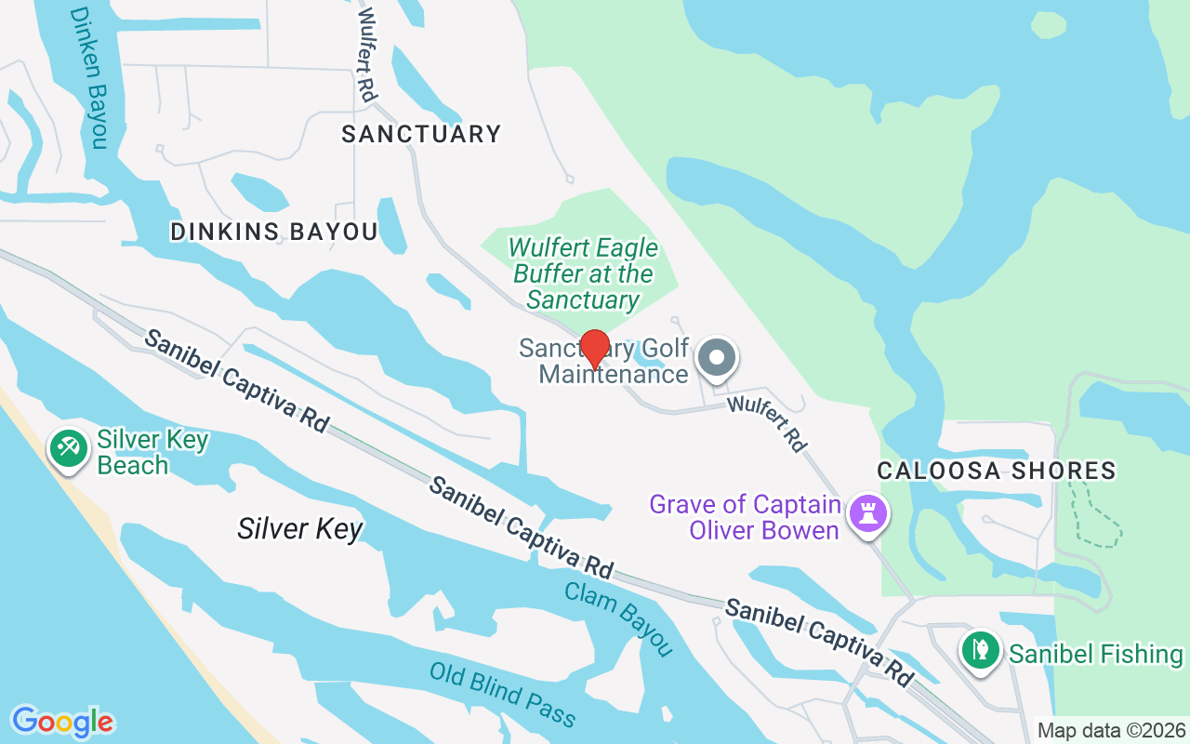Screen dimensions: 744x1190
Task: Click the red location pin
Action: pyautogui.click(x=594, y=349)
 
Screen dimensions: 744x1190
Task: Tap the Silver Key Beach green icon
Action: pyautogui.click(x=67, y=449)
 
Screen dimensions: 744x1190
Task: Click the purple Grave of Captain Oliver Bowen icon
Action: pyautogui.click(x=869, y=513)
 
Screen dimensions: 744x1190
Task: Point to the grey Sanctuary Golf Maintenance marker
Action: pyautogui.click(x=717, y=358)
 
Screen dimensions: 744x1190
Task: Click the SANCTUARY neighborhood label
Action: pyautogui.click(x=421, y=134)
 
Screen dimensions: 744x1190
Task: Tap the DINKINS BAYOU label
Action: pyautogui.click(x=274, y=232)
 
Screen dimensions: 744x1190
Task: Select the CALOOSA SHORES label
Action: pyautogui.click(x=998, y=471)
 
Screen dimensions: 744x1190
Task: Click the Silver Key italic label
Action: pyautogui.click(x=299, y=529)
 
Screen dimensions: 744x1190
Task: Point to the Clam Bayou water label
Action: pyautogui.click(x=618, y=618)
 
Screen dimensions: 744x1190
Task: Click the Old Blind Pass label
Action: pyautogui.click(x=503, y=694)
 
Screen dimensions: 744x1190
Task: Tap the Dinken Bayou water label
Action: pyautogui.click(x=89, y=78)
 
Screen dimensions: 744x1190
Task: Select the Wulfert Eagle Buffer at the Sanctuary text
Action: pyautogui.click(x=584, y=273)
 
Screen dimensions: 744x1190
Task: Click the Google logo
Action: pyautogui.click(x=62, y=722)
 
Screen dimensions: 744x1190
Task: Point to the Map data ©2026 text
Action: pyautogui.click(x=1111, y=730)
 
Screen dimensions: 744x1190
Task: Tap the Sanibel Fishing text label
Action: pyautogui.click(x=1096, y=654)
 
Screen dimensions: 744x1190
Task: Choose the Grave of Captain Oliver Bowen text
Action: pyautogui.click(x=746, y=517)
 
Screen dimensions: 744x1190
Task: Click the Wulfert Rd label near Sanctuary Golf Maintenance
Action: pyautogui.click(x=766, y=424)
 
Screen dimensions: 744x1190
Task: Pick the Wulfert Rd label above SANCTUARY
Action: pyautogui.click(x=366, y=55)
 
